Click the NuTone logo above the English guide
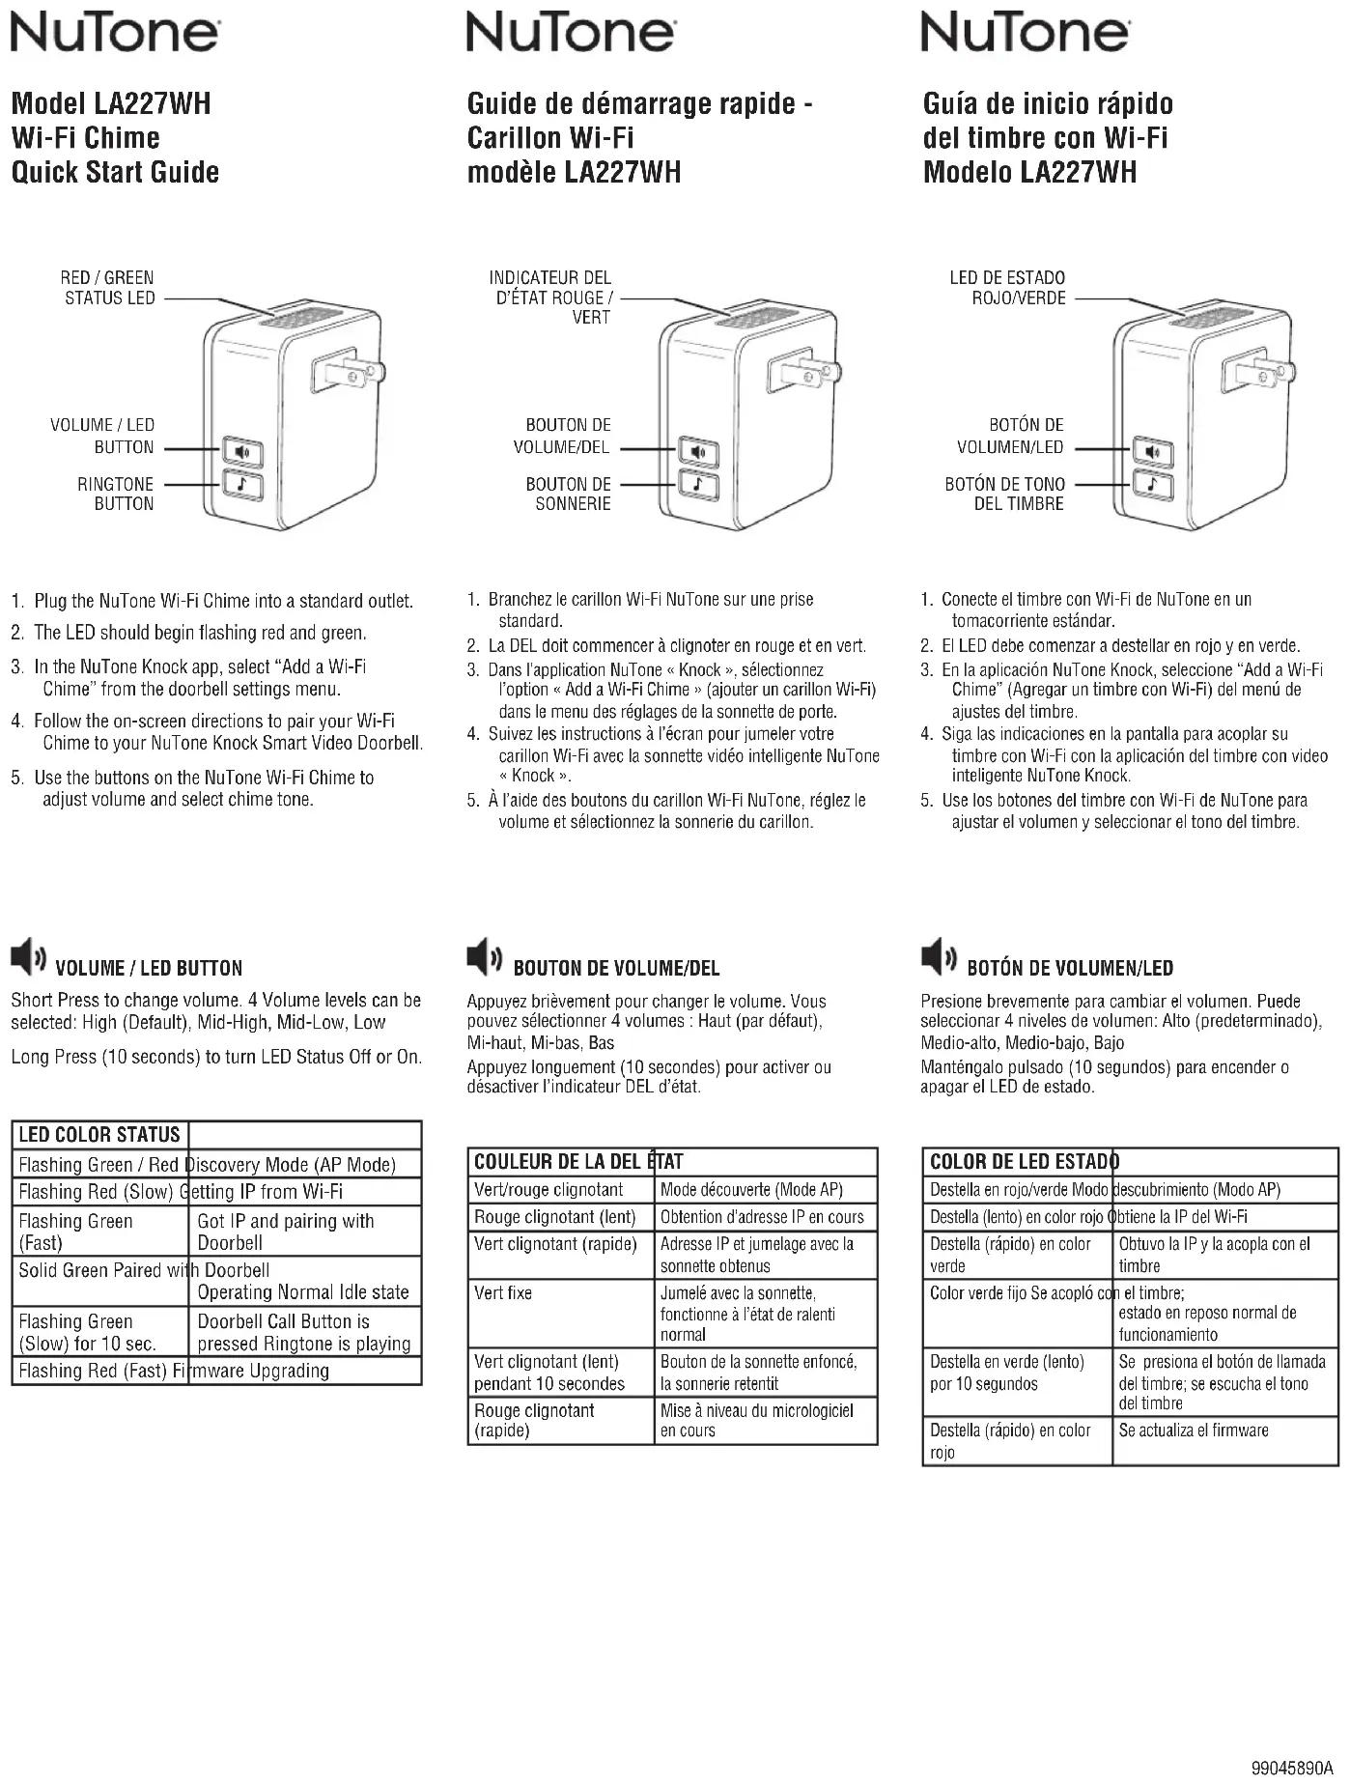click(114, 33)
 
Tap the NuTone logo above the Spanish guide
click(1025, 33)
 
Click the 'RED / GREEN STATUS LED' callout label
click(108, 288)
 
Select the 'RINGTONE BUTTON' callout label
click(116, 494)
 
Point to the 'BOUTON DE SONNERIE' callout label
click(568, 494)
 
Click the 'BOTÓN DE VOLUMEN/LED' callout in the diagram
click(1010, 436)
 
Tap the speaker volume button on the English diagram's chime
click(242, 451)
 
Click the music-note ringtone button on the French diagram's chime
click(698, 483)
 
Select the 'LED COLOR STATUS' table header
click(99, 1135)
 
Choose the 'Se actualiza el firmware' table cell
click(1194, 1431)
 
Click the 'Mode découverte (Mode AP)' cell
click(751, 1190)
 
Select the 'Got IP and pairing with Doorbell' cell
click(286, 1232)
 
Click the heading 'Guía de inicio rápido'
click(1048, 103)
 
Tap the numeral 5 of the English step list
click(16, 779)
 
